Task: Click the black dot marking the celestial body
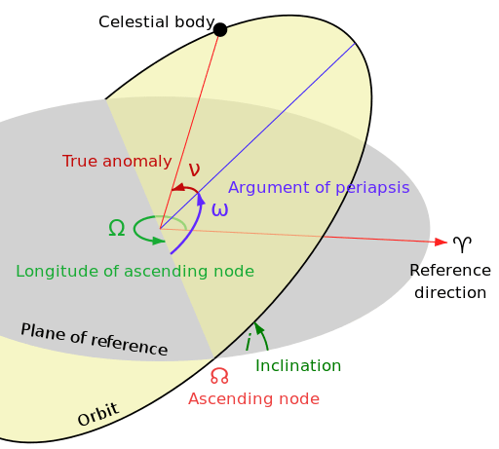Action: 220,29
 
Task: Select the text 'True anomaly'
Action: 117,162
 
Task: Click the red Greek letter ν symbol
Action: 194,169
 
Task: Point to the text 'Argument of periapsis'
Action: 319,187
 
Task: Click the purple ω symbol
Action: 220,208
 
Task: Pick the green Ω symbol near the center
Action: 116,228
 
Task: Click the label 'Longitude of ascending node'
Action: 134,272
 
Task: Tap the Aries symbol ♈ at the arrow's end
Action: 463,243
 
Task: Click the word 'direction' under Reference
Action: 447,292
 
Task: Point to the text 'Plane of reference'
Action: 94,339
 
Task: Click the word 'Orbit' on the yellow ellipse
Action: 97,414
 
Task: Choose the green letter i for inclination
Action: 248,342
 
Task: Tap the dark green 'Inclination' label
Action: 298,365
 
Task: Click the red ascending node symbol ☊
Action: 219,376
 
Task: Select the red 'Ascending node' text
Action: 253,398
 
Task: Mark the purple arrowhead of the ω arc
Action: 202,199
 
